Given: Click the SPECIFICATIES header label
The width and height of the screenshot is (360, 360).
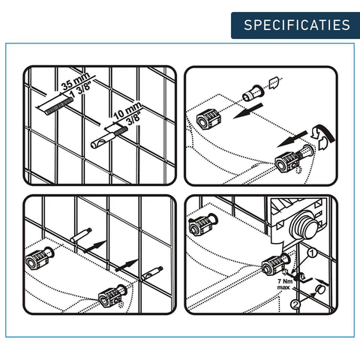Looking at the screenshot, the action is [x=297, y=25].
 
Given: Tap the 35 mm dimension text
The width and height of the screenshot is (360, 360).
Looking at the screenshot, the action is [x=76, y=81].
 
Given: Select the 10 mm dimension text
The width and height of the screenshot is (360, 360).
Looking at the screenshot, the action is [x=127, y=110].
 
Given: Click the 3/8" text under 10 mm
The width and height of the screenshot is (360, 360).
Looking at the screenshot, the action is [x=133, y=119].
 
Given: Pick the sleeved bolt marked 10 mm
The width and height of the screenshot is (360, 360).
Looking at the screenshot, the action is [x=109, y=138].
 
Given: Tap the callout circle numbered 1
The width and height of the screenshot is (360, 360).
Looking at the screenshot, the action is [x=312, y=253].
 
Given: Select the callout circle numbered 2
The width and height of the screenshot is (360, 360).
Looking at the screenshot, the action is [x=295, y=304].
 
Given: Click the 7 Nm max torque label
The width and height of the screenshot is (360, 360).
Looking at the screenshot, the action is [x=284, y=284].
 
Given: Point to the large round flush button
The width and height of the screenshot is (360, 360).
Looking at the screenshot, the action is [x=304, y=226].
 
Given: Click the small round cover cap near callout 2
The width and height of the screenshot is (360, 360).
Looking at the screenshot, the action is [x=320, y=289].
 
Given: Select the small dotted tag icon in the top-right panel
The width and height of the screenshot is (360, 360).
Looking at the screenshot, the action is [x=274, y=83].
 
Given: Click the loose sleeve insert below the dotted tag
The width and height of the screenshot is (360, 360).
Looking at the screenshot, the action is [x=252, y=93].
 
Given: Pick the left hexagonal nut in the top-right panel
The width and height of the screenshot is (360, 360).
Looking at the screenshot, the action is [x=208, y=120].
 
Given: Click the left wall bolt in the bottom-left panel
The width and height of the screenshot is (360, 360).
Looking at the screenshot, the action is [x=81, y=235].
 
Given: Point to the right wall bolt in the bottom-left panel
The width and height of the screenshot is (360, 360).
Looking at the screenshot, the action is [x=152, y=274].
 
